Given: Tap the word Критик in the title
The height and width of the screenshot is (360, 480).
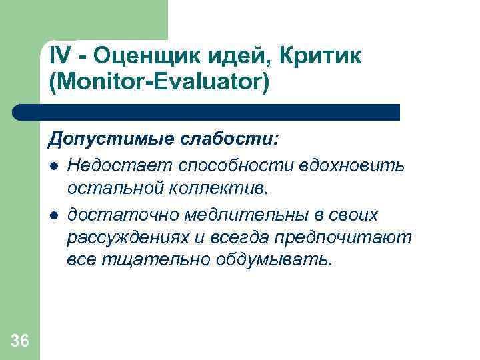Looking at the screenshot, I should [x=324, y=57].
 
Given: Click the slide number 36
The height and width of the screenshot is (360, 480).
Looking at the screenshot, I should [x=20, y=341].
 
